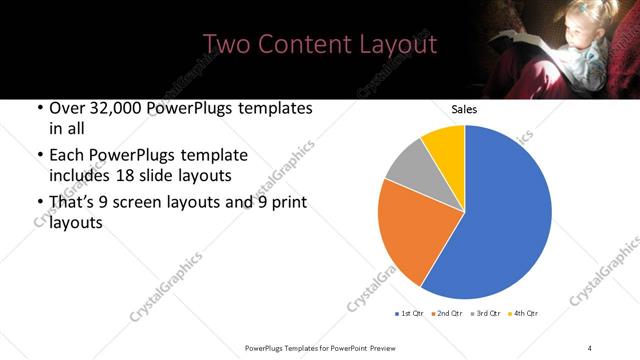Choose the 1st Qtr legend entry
pyautogui.click(x=411, y=314)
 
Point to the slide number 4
pyautogui.click(x=590, y=347)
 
